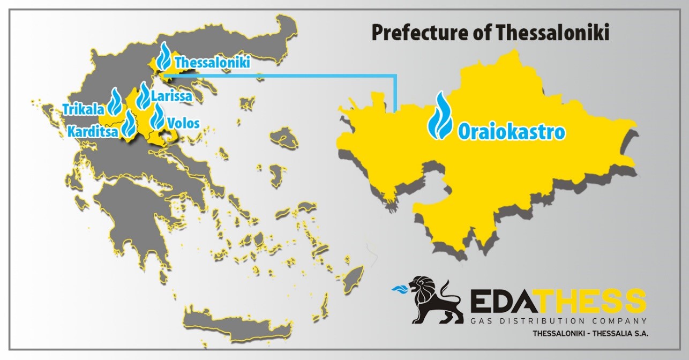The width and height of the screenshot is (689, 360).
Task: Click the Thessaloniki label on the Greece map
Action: pos(213,62)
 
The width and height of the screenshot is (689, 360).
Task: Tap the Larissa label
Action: pos(171,96)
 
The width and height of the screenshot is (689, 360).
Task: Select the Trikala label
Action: pos(84,109)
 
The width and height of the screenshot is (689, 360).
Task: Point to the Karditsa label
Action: pos(93,132)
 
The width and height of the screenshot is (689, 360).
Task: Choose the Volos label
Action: pos(184,123)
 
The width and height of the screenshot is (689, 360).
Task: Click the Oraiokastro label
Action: pos(512,132)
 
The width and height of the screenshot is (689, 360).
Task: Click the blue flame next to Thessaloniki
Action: pos(163,56)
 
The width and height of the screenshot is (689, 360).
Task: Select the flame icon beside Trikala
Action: pos(115,101)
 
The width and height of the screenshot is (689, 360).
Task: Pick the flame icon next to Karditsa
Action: pos(129,124)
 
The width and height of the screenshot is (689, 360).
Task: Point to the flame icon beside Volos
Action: pos(158,117)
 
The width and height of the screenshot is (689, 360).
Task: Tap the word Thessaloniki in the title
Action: pos(553,32)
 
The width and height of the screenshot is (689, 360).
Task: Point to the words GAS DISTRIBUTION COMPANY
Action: pos(559,321)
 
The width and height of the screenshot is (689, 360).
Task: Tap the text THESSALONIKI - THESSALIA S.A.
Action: pos(590,334)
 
